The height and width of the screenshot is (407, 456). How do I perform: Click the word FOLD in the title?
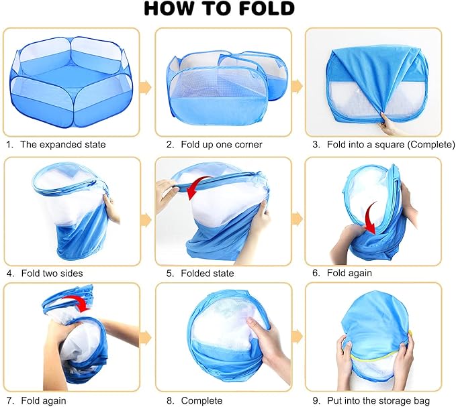coord(267,8)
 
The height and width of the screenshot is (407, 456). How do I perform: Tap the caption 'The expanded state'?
coord(63,145)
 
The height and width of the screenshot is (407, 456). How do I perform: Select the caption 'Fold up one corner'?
coord(222,145)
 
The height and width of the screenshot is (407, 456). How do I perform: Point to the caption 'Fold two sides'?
coord(52,273)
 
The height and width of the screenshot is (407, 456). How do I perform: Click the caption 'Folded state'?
coord(208,273)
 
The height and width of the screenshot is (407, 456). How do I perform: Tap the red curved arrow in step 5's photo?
coord(196,185)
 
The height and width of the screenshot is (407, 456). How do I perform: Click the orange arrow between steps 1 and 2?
coord(145,86)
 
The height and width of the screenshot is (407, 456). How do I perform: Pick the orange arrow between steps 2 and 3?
coord(297,86)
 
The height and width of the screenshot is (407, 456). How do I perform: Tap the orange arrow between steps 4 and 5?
coord(146,220)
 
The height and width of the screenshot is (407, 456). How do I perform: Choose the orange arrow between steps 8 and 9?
coord(297,336)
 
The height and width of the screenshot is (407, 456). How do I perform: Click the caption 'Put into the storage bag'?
coord(378,401)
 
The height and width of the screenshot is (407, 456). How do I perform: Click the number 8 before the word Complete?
coord(169,401)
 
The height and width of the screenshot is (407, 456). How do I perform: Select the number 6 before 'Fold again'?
coord(316,273)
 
